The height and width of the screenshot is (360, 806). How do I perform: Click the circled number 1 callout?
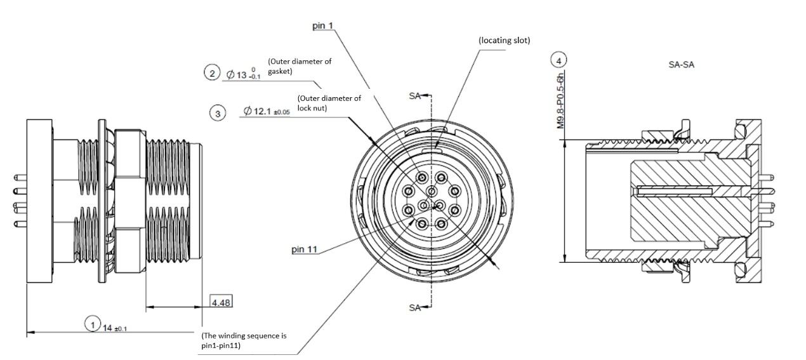(93, 324)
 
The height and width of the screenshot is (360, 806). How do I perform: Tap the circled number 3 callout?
(218, 114)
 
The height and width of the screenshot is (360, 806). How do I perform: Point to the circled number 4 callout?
(558, 60)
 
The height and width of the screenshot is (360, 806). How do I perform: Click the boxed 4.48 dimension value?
(221, 302)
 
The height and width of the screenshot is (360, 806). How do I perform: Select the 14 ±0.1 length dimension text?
(115, 328)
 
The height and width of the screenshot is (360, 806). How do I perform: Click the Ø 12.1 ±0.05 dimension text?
(267, 111)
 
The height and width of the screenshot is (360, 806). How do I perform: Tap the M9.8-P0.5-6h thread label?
(560, 100)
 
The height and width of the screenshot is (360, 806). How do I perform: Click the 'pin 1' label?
(323, 25)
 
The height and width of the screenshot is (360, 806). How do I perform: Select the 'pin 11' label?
(305, 249)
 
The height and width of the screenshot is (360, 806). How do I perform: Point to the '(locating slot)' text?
(505, 41)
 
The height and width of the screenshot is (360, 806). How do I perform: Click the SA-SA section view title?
(681, 65)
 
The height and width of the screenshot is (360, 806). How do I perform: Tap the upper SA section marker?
(414, 96)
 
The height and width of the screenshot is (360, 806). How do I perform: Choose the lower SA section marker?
(414, 307)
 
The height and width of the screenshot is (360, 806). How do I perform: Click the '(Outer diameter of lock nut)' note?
(329, 103)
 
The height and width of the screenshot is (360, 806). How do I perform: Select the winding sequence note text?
(244, 340)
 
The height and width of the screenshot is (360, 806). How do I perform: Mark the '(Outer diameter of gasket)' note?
(300, 66)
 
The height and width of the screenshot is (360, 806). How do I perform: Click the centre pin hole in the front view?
(432, 191)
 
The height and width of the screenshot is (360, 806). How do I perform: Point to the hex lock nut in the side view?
(130, 201)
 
